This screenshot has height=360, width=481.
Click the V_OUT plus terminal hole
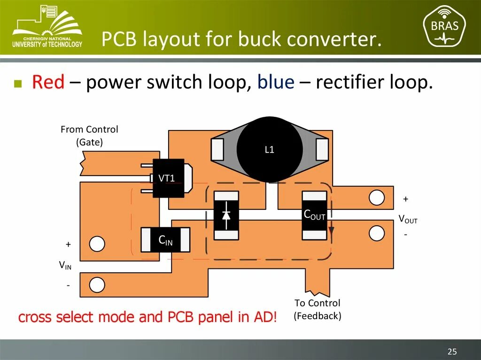pos(377,198)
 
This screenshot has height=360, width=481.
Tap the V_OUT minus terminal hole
pos(377,233)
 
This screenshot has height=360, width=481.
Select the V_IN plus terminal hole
pos(97,244)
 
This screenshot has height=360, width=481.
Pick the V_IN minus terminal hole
pos(97,285)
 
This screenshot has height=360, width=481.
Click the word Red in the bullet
pos(48,83)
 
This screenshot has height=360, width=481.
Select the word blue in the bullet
pos(276,83)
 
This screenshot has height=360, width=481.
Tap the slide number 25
pos(452,352)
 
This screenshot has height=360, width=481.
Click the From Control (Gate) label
pos(89,136)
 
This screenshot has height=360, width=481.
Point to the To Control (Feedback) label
pos(318,309)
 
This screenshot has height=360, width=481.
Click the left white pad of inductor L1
pos(217,149)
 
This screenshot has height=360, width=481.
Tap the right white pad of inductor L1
pos(322,149)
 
